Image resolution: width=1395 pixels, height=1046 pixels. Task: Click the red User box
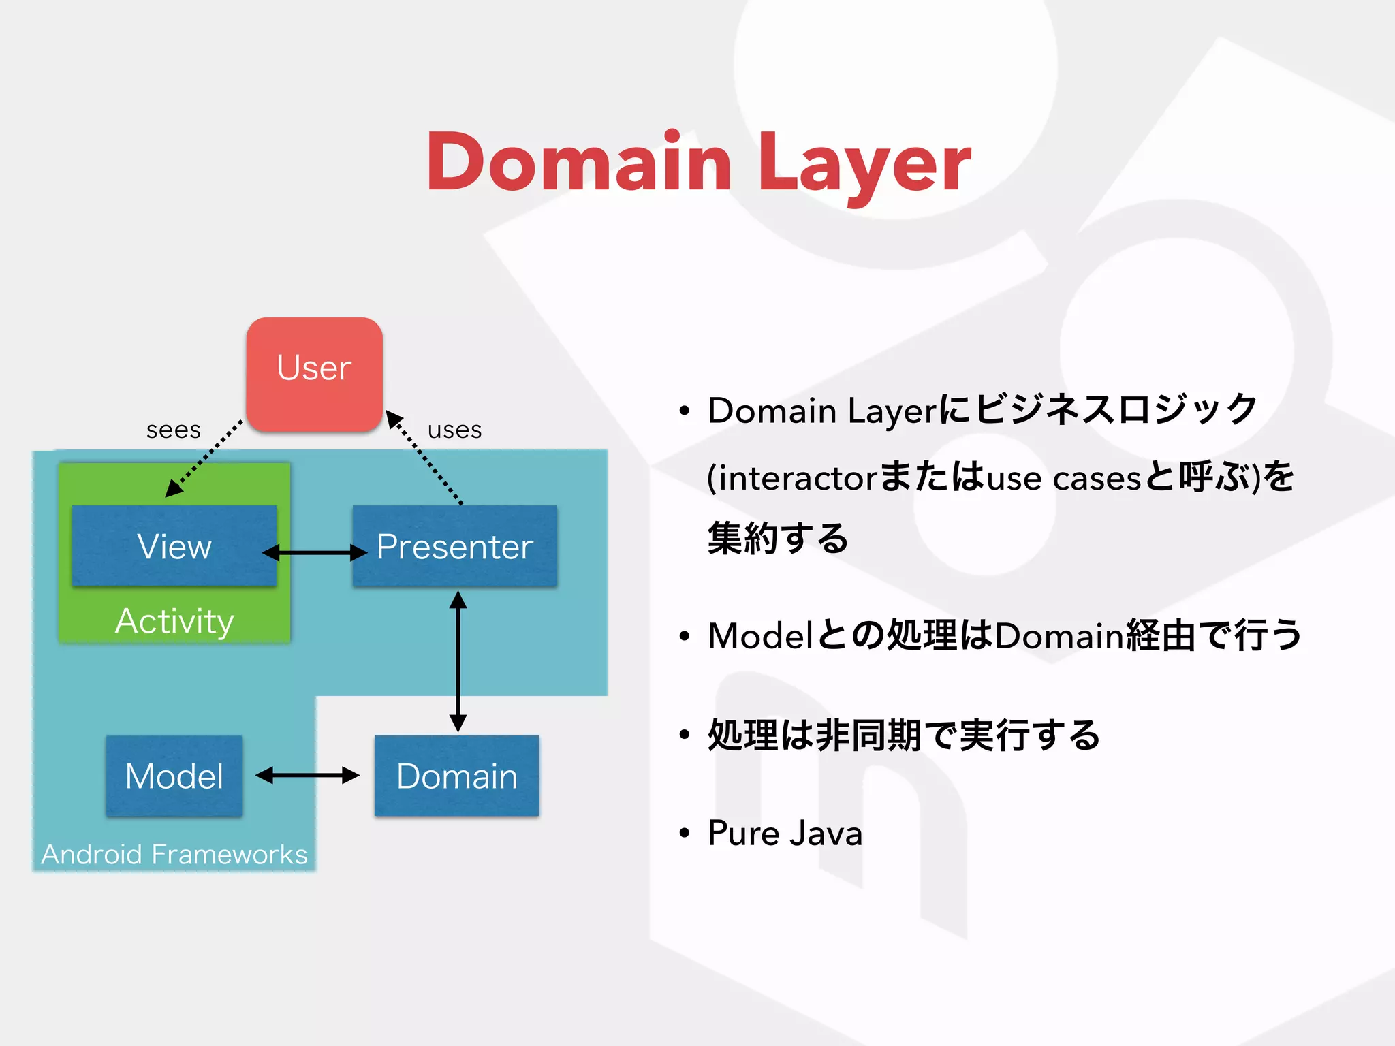pos(314,374)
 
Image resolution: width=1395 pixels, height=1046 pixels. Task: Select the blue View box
pos(174,545)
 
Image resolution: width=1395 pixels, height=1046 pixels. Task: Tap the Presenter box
pos(455,545)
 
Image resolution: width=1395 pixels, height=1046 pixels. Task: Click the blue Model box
pos(174,776)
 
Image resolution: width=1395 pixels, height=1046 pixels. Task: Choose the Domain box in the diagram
pos(456,776)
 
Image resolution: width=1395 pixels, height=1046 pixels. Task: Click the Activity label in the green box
pos(174,621)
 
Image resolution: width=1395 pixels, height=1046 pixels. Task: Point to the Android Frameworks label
pos(174,854)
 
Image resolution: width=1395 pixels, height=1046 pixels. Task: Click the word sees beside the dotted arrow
pos(174,430)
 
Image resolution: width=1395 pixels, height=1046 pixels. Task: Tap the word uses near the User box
pos(454,430)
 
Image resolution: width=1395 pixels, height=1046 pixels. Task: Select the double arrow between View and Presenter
pos(315,552)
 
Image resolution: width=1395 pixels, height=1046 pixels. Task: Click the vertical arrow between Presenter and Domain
pos(458,661)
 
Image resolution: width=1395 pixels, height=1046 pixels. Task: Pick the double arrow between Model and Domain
pos(307,775)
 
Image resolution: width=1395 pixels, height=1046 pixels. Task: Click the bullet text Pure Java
pos(785,833)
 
